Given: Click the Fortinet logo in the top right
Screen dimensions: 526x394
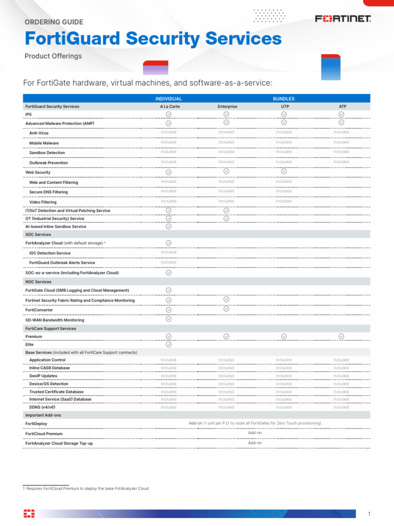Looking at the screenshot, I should [343, 19].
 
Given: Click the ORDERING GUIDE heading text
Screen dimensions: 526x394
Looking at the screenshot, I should [54, 22].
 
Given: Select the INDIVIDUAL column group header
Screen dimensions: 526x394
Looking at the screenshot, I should [168, 99].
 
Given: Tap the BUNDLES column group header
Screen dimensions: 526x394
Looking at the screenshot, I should [284, 99].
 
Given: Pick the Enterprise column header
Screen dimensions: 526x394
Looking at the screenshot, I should [226, 106].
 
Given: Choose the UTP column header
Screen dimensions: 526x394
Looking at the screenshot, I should [284, 106].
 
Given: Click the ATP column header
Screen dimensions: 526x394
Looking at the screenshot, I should [341, 106].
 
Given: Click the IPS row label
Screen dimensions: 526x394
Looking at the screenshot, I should [29, 114].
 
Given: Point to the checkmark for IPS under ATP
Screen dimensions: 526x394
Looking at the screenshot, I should [341, 114].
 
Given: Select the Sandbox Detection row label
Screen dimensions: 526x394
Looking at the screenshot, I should [47, 153].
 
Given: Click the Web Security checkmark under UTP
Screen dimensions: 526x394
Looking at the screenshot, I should [284, 171].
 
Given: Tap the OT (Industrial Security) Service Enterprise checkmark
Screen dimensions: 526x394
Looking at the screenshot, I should [226, 219].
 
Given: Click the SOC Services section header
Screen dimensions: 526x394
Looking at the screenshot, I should [38, 234].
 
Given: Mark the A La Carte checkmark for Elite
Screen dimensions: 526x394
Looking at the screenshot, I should [168, 345].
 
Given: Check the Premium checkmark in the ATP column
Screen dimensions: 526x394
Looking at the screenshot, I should [341, 336].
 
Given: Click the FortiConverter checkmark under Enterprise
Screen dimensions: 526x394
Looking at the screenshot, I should [226, 309].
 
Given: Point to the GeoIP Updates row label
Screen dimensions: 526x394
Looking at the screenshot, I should [43, 376].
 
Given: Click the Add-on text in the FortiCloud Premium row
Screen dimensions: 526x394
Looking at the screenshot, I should [255, 433].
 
